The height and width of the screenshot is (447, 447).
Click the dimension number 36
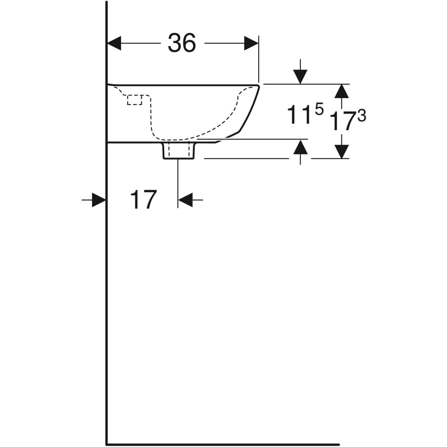(x=182, y=43)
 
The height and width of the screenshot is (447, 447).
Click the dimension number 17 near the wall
(x=143, y=199)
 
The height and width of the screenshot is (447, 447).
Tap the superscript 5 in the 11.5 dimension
(x=319, y=109)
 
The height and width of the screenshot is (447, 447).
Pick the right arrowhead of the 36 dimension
(x=251, y=43)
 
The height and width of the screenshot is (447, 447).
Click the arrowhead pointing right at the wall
(x=99, y=200)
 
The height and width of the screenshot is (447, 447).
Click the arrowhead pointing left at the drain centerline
(x=186, y=200)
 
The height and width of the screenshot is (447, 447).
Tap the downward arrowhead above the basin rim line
(x=300, y=77)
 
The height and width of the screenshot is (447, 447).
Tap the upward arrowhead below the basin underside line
(x=300, y=147)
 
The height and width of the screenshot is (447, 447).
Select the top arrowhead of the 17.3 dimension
(x=342, y=91)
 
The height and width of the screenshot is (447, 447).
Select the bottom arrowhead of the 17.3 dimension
(x=342, y=152)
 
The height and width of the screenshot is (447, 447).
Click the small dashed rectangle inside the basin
(x=134, y=100)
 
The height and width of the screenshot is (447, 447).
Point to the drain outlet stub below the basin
(x=179, y=151)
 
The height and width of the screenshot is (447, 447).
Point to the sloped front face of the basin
(x=249, y=109)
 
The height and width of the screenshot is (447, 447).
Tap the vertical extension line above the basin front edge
(x=259, y=59)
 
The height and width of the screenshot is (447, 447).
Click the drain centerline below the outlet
(x=178, y=184)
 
